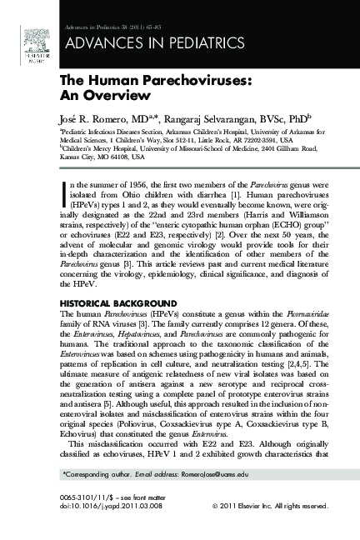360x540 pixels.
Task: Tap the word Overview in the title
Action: pos(97,95)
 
